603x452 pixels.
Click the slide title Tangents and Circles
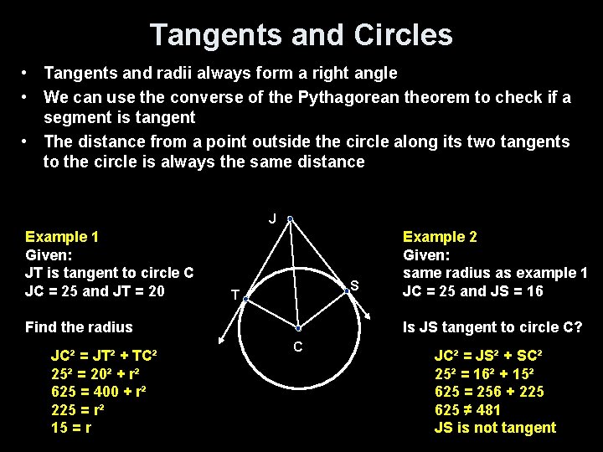pos(301,35)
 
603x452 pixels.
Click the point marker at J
pos(289,219)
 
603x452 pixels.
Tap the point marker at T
pos(246,297)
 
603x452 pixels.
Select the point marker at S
pos(348,291)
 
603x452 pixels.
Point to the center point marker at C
pos(298,329)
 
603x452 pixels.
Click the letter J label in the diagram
pos(273,219)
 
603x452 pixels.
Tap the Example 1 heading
pos(62,237)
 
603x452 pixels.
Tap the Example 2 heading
pos(440,237)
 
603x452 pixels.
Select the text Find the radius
pos(79,327)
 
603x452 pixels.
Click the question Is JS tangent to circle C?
pos(492,327)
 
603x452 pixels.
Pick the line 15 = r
pos(71,428)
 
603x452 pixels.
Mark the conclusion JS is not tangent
pos(495,428)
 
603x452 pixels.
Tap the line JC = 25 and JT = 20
pos(95,291)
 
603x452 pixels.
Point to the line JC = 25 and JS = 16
pos(473,291)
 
